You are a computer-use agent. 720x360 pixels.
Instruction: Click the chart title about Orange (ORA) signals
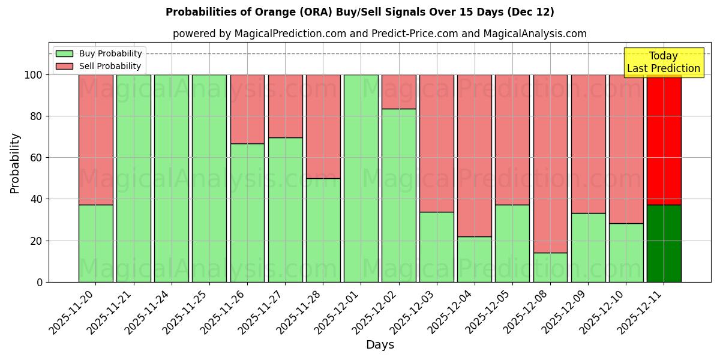click(359, 12)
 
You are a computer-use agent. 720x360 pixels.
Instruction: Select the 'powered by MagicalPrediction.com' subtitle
click(379, 34)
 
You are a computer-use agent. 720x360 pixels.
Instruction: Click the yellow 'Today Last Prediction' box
click(663, 62)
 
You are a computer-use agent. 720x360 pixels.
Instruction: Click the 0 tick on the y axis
click(40, 282)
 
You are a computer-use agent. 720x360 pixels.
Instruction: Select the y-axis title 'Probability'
click(15, 163)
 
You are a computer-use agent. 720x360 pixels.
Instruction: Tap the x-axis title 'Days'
click(380, 345)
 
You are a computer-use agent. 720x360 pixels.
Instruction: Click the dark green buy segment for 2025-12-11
click(664, 243)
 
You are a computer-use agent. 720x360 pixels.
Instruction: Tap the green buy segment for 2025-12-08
click(550, 267)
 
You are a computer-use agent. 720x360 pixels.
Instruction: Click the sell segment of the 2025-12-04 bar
click(475, 155)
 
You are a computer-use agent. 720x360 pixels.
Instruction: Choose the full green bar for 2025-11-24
click(172, 178)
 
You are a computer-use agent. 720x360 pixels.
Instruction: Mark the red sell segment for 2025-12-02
click(399, 91)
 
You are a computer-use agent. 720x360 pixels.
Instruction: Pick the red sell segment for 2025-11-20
click(96, 139)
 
